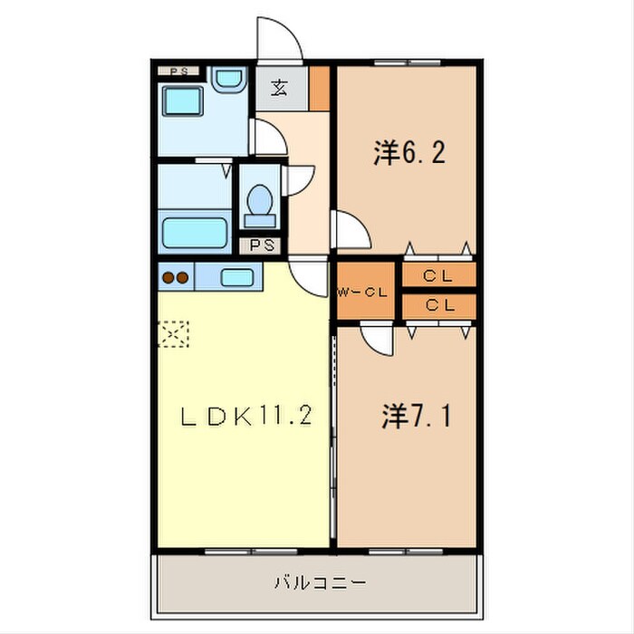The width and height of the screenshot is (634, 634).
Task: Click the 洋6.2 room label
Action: click(x=408, y=154)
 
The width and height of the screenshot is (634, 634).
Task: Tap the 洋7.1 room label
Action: click(x=417, y=417)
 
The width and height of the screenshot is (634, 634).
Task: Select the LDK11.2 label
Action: click(x=245, y=417)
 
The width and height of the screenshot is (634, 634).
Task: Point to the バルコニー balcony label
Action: click(x=320, y=582)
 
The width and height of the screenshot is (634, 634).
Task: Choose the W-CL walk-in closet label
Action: click(x=365, y=292)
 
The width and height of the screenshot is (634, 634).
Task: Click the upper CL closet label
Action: click(x=439, y=275)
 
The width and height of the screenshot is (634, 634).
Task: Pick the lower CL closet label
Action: click(x=439, y=306)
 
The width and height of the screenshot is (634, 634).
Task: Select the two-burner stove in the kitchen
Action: click(x=175, y=278)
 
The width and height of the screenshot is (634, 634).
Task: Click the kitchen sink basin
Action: click(x=236, y=277)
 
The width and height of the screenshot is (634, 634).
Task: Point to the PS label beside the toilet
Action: click(x=261, y=245)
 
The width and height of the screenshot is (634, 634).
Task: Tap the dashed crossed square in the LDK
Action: click(x=174, y=335)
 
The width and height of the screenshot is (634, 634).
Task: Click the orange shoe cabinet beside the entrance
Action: click(x=319, y=88)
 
